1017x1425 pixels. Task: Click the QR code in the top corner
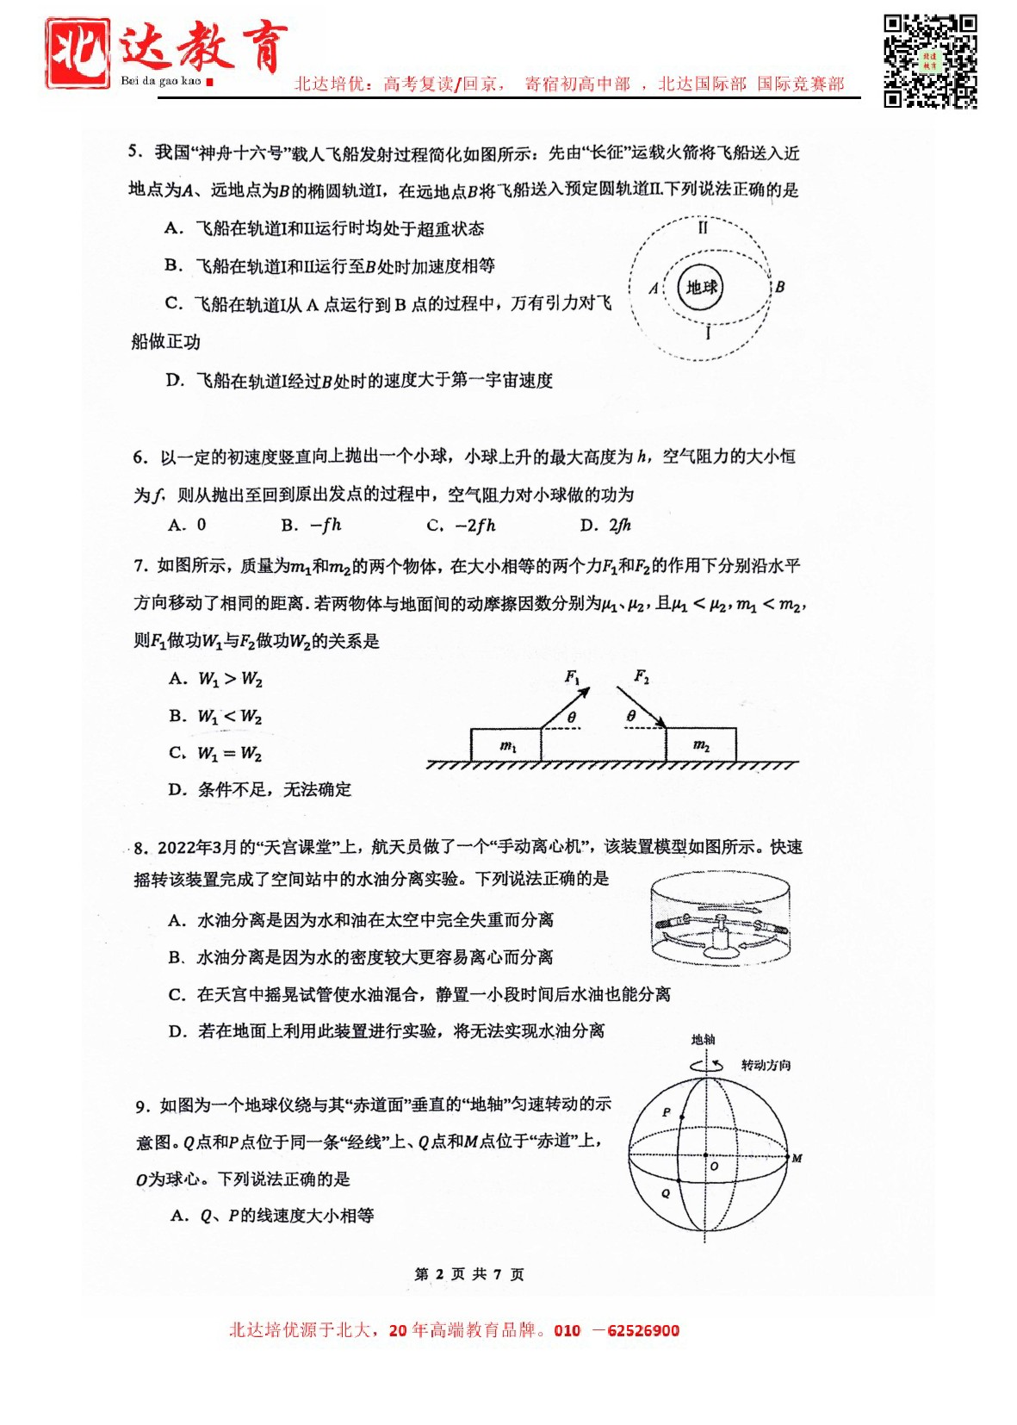(x=930, y=61)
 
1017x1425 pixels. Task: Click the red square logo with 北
(x=78, y=53)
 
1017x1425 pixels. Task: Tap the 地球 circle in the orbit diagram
(x=701, y=288)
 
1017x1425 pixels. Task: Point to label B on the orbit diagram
(x=779, y=287)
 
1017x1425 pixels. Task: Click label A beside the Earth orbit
(x=654, y=289)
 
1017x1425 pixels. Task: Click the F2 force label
(x=642, y=676)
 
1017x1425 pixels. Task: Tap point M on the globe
(x=797, y=1158)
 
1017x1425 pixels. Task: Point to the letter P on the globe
(x=666, y=1112)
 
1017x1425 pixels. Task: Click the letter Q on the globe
(x=666, y=1193)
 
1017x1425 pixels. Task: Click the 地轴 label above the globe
(x=703, y=1040)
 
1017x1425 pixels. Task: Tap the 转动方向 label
(x=766, y=1066)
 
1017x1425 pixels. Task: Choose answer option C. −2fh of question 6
(x=461, y=526)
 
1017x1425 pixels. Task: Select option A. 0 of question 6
(x=187, y=525)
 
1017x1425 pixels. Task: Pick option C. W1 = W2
(x=215, y=753)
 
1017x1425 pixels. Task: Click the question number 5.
(x=135, y=152)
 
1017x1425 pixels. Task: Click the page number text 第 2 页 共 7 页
(x=468, y=1274)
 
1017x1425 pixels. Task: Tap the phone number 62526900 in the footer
(x=642, y=1330)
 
